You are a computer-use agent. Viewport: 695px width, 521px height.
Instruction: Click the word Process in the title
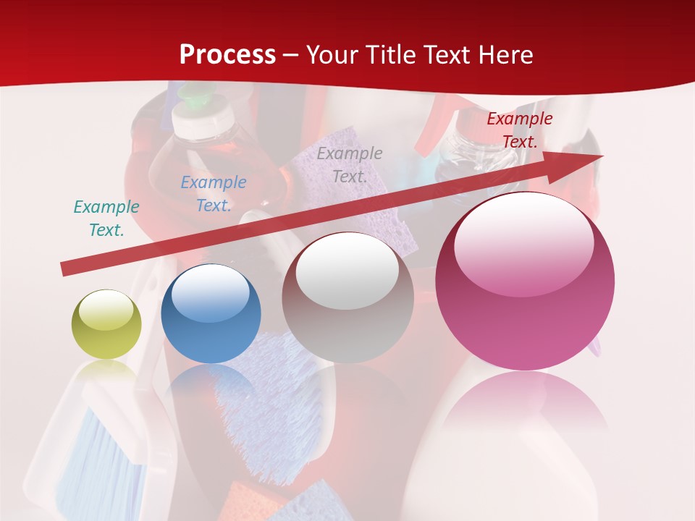coord(227,55)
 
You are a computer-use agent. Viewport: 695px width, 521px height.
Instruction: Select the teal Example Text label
coord(106,219)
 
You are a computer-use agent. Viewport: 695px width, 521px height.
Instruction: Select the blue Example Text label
coord(214,194)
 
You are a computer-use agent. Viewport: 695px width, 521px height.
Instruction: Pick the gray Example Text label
coord(350,165)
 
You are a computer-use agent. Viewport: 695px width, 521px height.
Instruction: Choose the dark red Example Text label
coord(520,130)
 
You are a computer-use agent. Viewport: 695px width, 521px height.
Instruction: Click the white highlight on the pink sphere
coord(523,243)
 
